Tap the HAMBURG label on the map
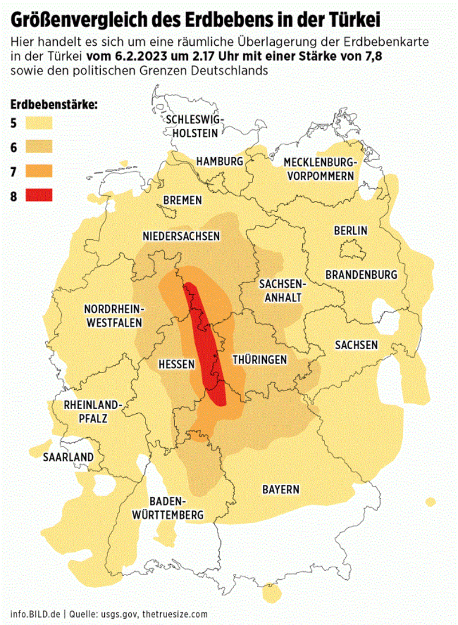click(220, 162)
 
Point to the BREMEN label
click(182, 200)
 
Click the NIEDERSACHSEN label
click(181, 236)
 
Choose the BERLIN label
click(350, 231)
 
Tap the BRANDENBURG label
click(361, 274)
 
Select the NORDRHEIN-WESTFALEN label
click(114, 315)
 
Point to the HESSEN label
click(177, 364)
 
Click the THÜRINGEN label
click(259, 359)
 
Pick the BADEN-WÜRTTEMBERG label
click(168, 507)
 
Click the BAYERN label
click(281, 489)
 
